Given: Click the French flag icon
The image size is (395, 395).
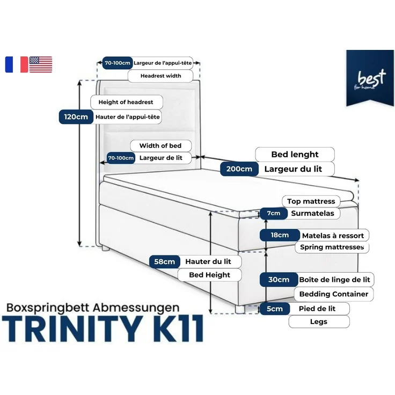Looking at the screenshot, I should (x=16, y=64).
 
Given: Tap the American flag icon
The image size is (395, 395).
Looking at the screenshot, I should (x=41, y=64).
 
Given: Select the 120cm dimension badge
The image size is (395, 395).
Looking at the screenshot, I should (x=75, y=116).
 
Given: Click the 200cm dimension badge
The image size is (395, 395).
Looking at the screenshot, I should (x=239, y=169).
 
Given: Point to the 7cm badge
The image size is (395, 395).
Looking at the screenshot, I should (x=273, y=214).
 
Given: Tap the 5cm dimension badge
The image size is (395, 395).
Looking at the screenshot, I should (x=274, y=309).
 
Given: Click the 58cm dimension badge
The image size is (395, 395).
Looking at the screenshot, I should (x=164, y=261).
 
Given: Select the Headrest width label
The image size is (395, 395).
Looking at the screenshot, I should (x=161, y=76).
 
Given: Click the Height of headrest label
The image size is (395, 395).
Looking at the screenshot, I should (x=126, y=102).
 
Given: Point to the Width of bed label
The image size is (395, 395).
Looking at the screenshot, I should (x=160, y=146).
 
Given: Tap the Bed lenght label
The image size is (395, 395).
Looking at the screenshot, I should (x=295, y=155).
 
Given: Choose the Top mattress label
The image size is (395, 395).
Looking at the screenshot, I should (x=311, y=201).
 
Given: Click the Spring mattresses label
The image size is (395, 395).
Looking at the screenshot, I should (x=332, y=247).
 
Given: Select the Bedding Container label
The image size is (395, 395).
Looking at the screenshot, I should (x=333, y=294).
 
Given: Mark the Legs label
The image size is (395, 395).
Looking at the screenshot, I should (x=319, y=322).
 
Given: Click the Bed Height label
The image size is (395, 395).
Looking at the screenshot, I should (x=209, y=275).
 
